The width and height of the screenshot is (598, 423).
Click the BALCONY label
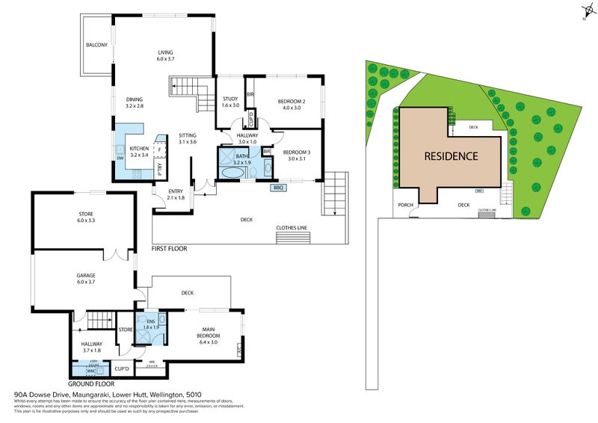(x=96, y=45)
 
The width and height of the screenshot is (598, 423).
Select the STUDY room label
(x=229, y=99)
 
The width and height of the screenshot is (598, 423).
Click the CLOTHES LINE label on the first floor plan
(x=292, y=228)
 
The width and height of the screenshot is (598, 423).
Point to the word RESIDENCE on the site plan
(x=451, y=156)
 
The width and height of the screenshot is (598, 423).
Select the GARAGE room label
(x=85, y=275)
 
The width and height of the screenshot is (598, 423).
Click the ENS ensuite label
(x=151, y=321)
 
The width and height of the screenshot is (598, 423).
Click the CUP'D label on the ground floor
(x=122, y=367)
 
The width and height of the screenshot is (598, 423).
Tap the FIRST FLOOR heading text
(x=169, y=248)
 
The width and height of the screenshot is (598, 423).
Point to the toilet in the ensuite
(x=158, y=337)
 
